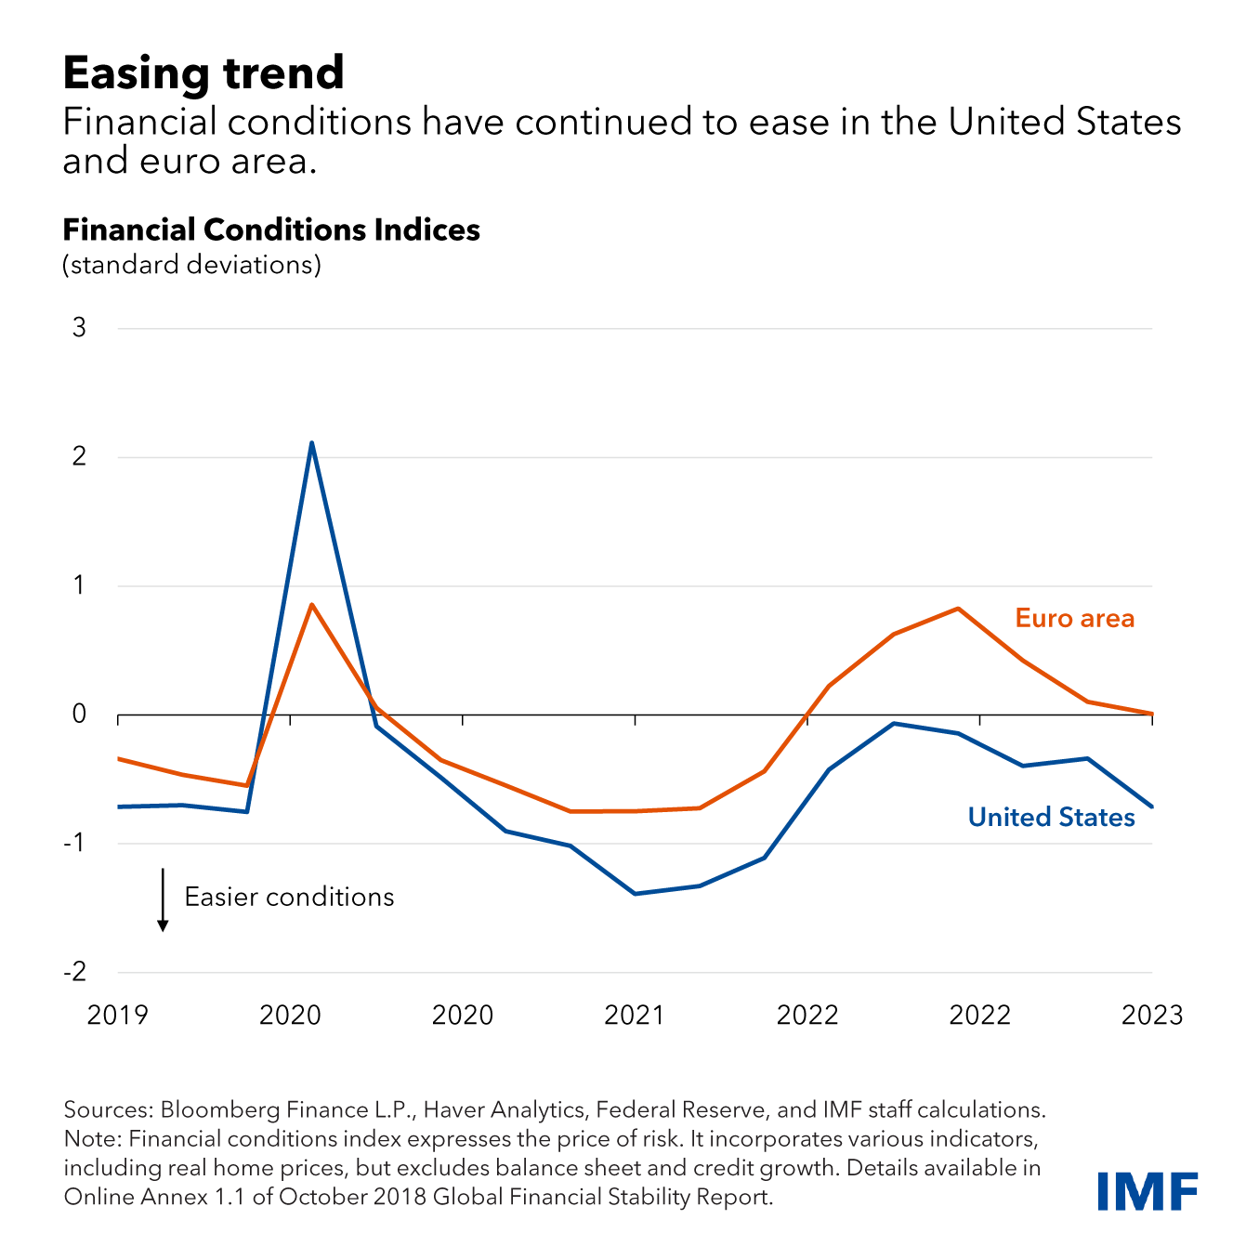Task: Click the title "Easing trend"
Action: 203,72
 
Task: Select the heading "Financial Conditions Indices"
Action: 271,230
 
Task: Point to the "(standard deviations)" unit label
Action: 191,265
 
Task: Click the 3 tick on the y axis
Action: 79,327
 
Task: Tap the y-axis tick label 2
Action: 79,456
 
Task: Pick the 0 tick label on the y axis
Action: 79,714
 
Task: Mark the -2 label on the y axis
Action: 74,972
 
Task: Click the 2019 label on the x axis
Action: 117,1015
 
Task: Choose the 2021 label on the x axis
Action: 635,1015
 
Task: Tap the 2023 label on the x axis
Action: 1151,1015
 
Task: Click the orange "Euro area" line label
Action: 1074,619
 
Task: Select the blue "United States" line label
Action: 1051,818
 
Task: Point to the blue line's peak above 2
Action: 311,443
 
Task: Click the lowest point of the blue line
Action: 635,893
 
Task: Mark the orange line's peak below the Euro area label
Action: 957,609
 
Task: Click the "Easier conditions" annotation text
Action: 289,897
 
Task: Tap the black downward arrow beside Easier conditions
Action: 163,899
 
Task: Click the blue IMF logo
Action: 1147,1191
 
